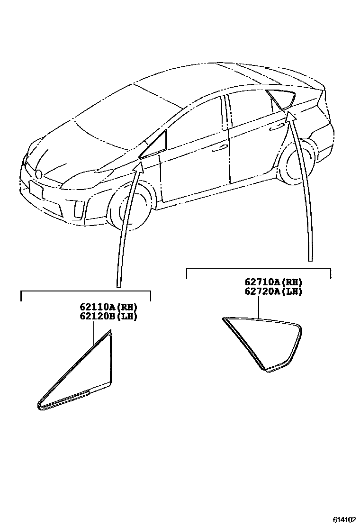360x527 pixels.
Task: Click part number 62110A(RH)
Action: point(105,306)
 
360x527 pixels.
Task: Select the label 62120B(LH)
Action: point(105,316)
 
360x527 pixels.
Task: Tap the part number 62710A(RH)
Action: point(273,282)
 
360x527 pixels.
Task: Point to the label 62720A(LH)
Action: point(273,291)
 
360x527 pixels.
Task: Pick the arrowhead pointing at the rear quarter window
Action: point(291,117)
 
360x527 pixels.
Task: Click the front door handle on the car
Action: point(219,148)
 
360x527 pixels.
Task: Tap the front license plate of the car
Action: point(36,190)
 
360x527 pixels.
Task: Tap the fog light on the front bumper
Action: point(77,207)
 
